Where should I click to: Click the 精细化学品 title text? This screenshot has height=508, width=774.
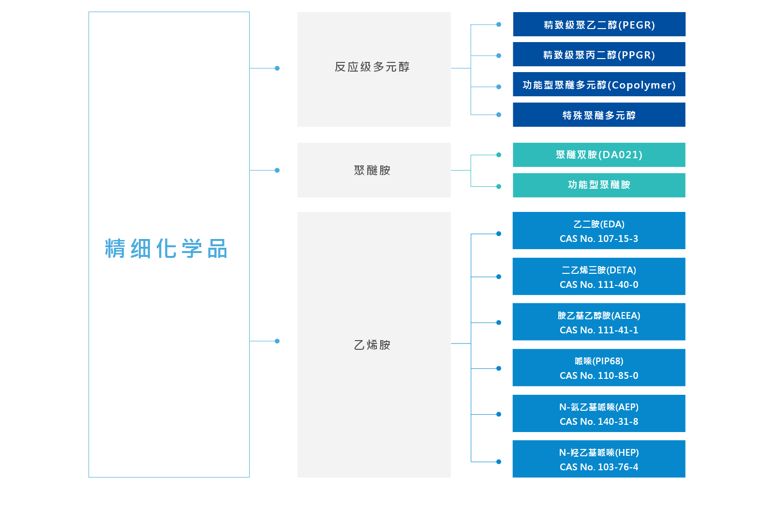click(166, 249)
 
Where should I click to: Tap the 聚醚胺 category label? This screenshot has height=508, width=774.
click(372, 170)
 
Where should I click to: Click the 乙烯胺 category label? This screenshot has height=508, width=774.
click(372, 345)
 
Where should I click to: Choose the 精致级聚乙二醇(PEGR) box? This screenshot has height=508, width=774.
click(599, 25)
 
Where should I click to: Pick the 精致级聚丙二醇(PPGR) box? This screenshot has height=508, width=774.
click(599, 55)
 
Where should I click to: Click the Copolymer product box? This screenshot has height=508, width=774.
click(599, 85)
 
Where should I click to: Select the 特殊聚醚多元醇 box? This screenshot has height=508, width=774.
click(599, 115)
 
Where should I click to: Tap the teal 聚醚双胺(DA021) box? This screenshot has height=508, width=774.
click(599, 155)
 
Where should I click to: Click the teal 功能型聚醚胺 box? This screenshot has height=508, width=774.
click(599, 185)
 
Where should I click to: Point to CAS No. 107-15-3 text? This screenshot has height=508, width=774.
click(599, 239)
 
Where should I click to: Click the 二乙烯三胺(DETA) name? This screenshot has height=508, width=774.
click(599, 270)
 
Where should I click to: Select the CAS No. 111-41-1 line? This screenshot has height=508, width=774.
click(599, 330)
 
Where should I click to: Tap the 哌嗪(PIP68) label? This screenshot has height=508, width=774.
click(599, 361)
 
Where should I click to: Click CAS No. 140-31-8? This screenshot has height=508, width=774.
click(599, 421)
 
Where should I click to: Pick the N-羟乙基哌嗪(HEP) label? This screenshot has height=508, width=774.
click(599, 452)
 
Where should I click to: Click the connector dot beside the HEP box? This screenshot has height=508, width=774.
click(499, 462)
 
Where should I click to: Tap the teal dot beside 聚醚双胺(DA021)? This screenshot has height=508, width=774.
click(499, 155)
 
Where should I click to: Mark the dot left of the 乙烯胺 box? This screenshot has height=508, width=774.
click(277, 341)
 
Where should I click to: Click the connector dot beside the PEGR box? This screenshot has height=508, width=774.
click(499, 24)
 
